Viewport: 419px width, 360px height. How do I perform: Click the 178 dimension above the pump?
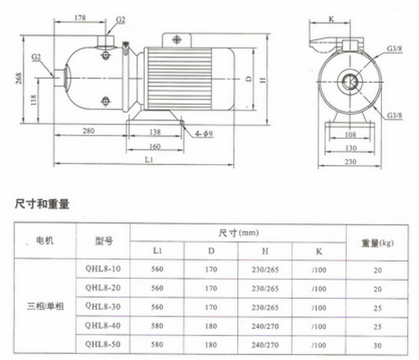[80, 18]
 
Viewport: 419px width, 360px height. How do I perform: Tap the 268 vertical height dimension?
[18, 79]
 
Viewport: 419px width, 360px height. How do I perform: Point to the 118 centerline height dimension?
[34, 100]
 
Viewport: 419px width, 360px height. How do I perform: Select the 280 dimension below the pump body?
[88, 131]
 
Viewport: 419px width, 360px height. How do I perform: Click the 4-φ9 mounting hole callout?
[204, 134]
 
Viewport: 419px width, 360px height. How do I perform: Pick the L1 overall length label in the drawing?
[149, 160]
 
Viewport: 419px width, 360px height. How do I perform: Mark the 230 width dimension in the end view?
[350, 162]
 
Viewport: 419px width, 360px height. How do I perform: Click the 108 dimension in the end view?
[350, 135]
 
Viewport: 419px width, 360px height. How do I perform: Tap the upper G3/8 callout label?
[394, 49]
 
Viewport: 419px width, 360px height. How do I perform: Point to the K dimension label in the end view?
[331, 19]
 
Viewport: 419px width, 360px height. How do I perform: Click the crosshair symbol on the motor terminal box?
[177, 39]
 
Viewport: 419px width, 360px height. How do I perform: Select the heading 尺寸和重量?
[42, 204]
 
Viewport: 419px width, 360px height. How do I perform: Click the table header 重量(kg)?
[377, 243]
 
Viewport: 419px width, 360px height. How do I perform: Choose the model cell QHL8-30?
[103, 306]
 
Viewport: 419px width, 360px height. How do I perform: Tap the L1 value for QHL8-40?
[157, 326]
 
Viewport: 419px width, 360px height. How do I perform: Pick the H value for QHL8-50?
[265, 345]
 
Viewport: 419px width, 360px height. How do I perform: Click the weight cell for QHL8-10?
[378, 270]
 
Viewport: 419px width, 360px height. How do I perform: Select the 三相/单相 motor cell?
[45, 306]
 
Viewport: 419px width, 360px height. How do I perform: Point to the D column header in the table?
[211, 251]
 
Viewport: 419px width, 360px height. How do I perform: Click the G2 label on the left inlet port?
[36, 57]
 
